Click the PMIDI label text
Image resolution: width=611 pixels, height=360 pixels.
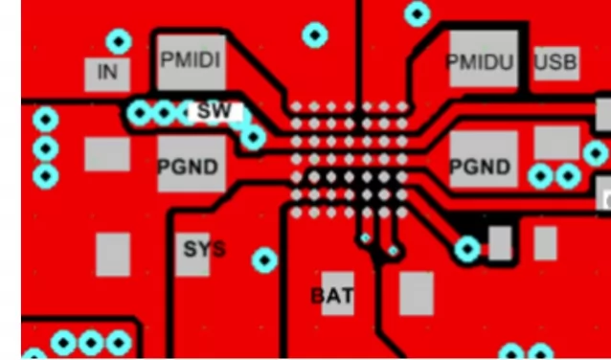click(x=191, y=60)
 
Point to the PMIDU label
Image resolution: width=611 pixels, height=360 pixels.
click(x=480, y=63)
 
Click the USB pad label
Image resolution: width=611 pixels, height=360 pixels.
click(x=556, y=63)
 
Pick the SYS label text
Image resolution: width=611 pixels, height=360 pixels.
click(x=204, y=250)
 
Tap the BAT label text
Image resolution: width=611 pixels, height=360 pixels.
click(x=332, y=296)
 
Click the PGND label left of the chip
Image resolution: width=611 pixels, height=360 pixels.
click(x=188, y=167)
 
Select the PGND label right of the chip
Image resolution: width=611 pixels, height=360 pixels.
click(x=480, y=167)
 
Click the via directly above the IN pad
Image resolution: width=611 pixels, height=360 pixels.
click(x=119, y=41)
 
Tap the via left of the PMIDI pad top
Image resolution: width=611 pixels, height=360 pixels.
click(x=119, y=41)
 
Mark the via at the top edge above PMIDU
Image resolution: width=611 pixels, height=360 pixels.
click(x=418, y=13)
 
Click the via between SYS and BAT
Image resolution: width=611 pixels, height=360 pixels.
click(x=264, y=259)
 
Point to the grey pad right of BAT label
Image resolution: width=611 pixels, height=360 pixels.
click(x=416, y=293)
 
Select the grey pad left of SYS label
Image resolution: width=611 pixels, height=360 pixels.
click(x=113, y=255)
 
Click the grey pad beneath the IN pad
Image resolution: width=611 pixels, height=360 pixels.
click(x=106, y=154)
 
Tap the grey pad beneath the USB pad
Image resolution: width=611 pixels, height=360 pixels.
click(x=556, y=143)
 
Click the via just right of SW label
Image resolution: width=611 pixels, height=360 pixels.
click(x=253, y=139)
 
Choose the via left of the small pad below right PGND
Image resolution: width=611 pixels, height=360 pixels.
click(x=467, y=249)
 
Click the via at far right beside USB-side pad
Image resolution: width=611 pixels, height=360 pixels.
click(x=596, y=153)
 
